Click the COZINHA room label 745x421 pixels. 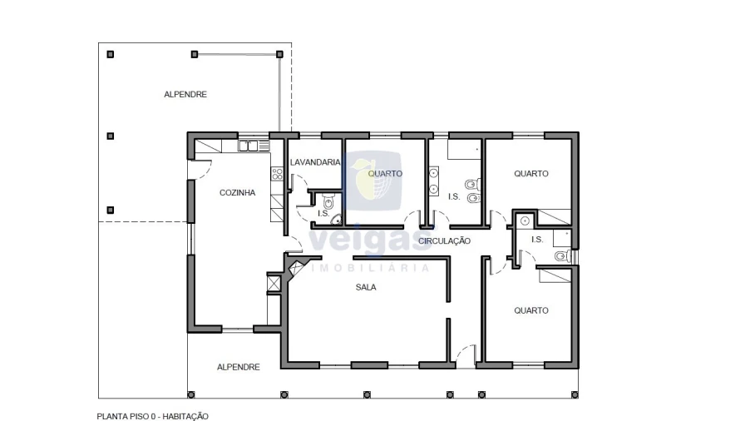pos(237,192)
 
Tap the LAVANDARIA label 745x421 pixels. pos(315,162)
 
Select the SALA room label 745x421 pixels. pos(366,287)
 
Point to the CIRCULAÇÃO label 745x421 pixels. pos(444,241)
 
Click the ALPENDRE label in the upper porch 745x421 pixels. pos(185,94)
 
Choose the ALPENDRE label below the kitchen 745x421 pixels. pos(239,367)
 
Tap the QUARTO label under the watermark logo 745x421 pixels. pos(385,173)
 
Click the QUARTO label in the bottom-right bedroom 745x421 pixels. pos(531,310)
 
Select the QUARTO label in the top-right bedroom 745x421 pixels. pos(531,173)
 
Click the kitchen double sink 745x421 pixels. pos(248,146)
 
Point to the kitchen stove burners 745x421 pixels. pos(277,173)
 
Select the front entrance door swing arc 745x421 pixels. pos(466,354)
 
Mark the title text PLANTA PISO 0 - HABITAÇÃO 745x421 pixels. pos(152,416)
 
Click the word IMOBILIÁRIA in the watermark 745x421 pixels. pos(370,268)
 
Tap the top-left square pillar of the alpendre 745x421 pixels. pos(111,54)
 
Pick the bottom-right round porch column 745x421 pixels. pos(575,394)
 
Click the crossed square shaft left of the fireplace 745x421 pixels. pos(274,283)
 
